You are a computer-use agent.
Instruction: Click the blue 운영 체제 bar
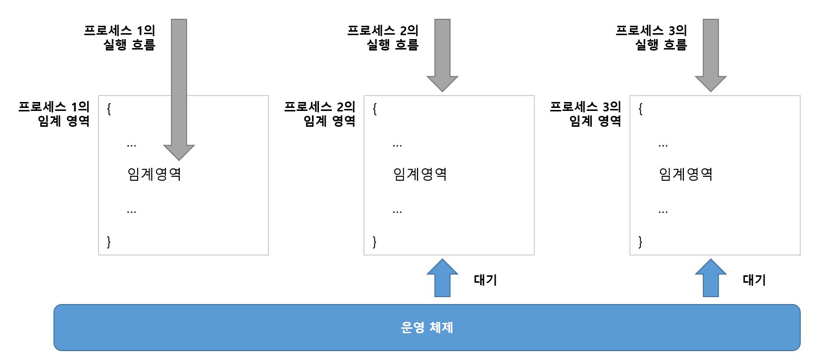coord(427,327)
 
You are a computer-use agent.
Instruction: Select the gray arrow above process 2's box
coord(442,54)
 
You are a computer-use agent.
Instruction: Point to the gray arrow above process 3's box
coord(711,54)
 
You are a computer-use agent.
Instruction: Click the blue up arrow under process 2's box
coord(442,279)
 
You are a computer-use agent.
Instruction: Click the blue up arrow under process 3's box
coord(711,279)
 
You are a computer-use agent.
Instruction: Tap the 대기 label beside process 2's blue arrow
coord(485,280)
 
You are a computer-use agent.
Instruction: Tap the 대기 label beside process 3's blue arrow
coord(754,280)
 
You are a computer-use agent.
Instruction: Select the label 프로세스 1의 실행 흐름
coord(120,37)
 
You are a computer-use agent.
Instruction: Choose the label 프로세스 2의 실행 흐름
coord(383,37)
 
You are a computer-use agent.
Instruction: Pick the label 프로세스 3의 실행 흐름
coord(652,37)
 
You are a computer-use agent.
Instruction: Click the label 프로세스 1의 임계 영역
coord(54,113)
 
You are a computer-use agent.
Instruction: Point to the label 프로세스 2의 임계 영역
coord(320,113)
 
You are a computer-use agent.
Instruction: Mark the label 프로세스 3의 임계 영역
coord(586,113)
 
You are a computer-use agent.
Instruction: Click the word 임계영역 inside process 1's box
coord(154,174)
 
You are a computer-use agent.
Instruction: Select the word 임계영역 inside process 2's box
coord(420,174)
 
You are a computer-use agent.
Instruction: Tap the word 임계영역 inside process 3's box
coord(686,174)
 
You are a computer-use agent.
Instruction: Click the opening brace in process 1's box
coord(109,109)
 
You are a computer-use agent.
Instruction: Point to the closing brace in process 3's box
coord(640,242)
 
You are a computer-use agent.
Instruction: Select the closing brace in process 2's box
coord(374,242)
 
